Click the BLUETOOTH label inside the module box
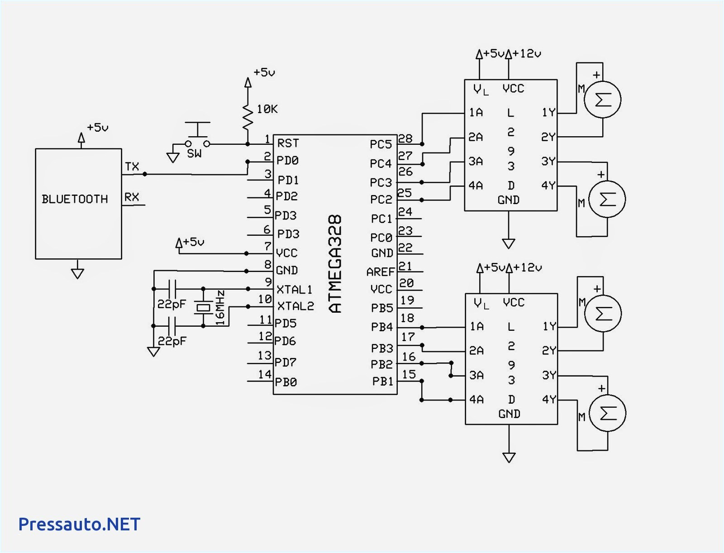[x=75, y=199]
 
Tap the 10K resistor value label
[x=267, y=109]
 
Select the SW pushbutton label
[x=194, y=154]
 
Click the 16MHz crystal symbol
[x=203, y=307]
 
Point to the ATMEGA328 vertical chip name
[x=335, y=264]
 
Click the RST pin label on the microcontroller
[x=288, y=143]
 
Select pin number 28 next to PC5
[x=405, y=138]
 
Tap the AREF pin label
[x=381, y=272]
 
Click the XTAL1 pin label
[x=294, y=289]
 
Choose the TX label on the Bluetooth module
[x=132, y=167]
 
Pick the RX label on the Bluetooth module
[x=132, y=197]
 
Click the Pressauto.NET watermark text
[x=79, y=524]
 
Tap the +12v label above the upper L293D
[x=527, y=53]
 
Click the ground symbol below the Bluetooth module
[x=77, y=273]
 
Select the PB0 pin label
[x=286, y=382]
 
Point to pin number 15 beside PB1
[x=409, y=374]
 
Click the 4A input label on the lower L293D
[x=476, y=400]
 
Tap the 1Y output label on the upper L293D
[x=548, y=112]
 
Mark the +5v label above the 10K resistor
[x=264, y=72]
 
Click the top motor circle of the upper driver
[x=602, y=100]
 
